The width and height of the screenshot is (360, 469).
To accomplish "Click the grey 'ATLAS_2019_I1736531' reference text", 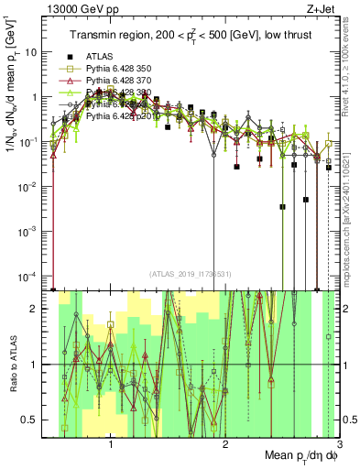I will point(190,274).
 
